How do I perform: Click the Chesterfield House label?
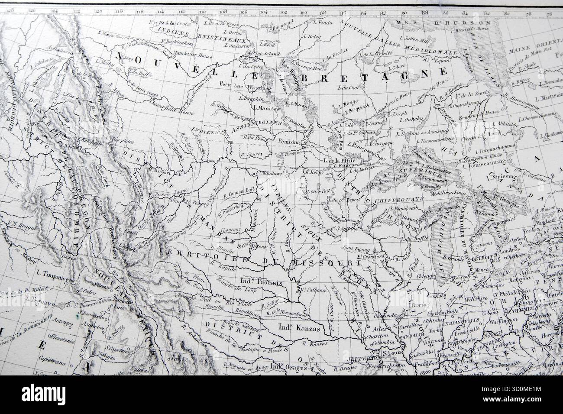pyautogui.click(x=167, y=104)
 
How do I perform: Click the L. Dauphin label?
pyautogui.click(x=249, y=98)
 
